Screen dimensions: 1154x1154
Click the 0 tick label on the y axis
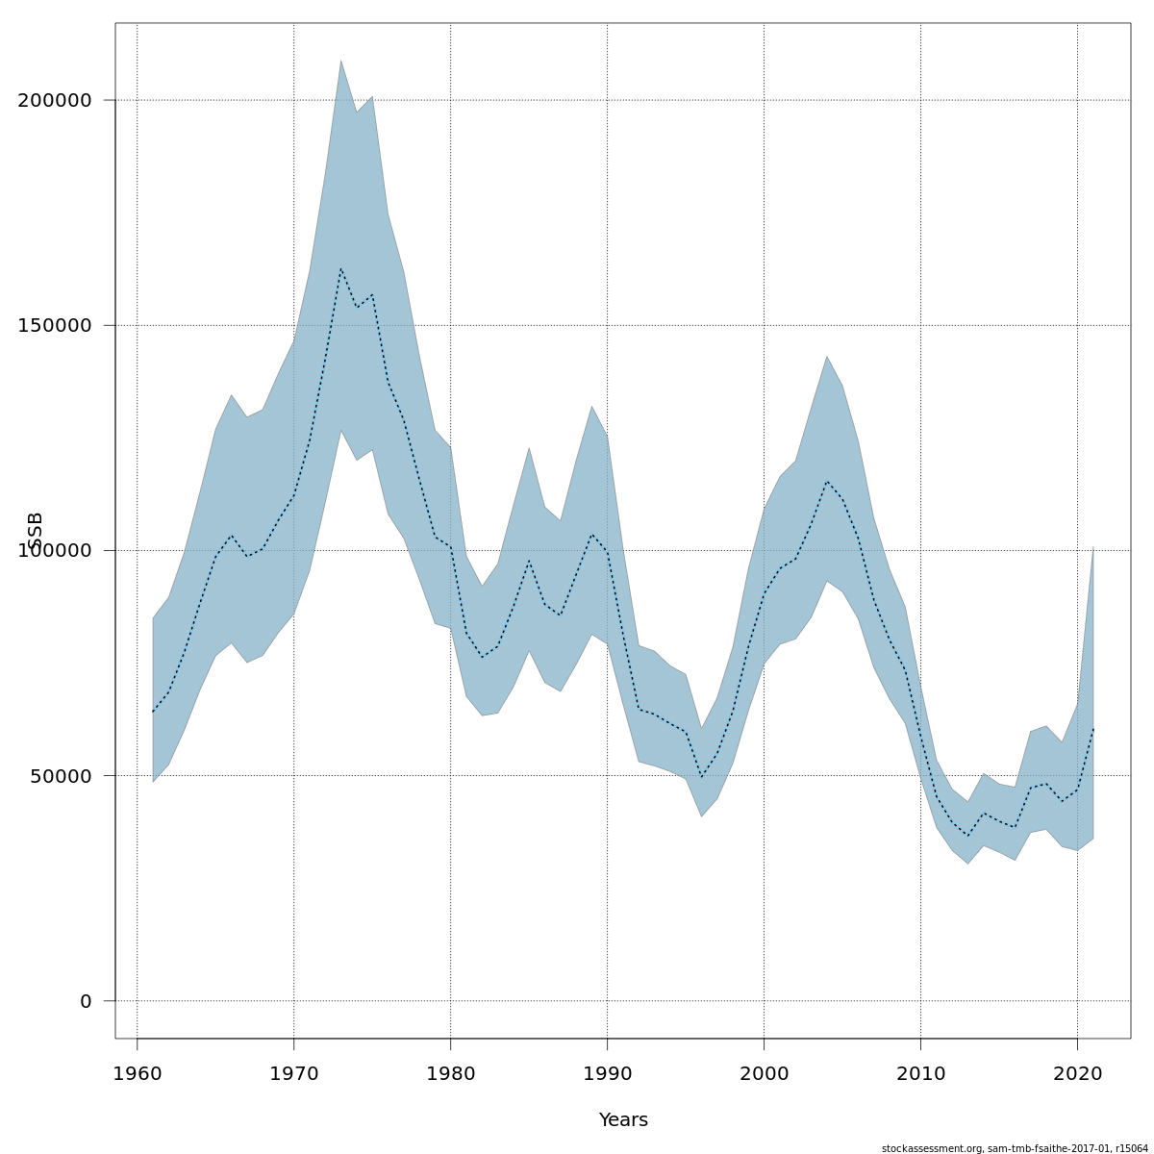[x=86, y=1001]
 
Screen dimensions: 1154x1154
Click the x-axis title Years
[x=623, y=1120]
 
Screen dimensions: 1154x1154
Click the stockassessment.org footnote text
[x=1015, y=1148]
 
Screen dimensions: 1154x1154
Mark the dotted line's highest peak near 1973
[x=340, y=268]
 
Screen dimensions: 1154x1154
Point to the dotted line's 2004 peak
[x=827, y=481]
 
